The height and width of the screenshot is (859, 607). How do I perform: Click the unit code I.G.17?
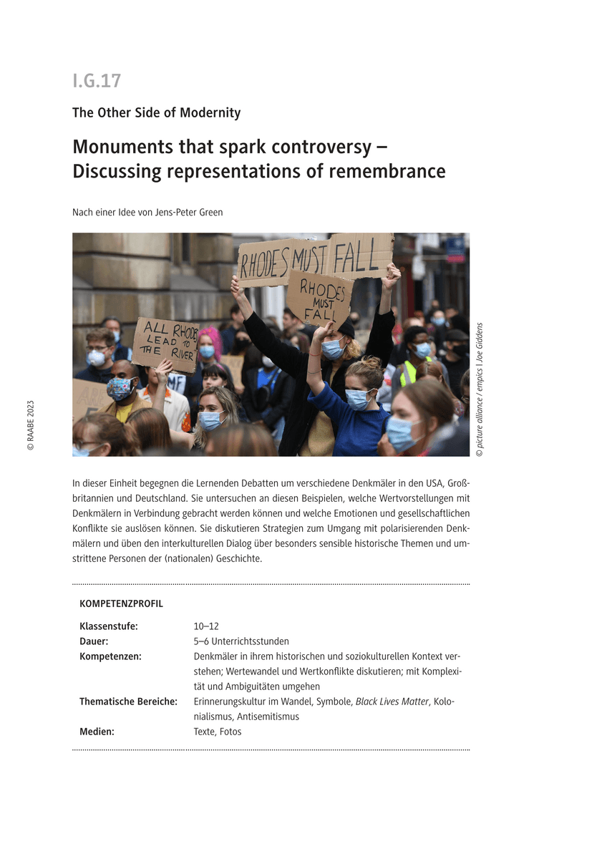click(x=97, y=81)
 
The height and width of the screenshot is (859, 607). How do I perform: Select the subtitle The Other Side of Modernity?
click(x=156, y=113)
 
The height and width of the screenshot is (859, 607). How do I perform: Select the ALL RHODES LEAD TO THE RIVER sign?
click(x=164, y=344)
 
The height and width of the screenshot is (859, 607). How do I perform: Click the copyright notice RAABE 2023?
click(x=31, y=425)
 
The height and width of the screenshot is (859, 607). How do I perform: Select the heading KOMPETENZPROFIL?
click(x=121, y=603)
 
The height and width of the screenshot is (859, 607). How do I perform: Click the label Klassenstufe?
click(x=109, y=626)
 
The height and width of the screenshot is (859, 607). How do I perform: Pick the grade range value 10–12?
click(x=206, y=626)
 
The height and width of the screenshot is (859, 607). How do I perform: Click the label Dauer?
click(x=94, y=641)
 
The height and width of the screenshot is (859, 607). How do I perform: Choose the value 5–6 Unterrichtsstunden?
click(x=241, y=641)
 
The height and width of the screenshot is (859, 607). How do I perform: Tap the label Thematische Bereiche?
click(x=128, y=702)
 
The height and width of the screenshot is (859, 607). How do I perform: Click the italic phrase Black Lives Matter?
click(x=392, y=702)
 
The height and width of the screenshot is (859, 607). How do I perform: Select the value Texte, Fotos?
click(x=218, y=732)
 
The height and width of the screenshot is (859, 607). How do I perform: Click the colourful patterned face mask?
click(x=120, y=389)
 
